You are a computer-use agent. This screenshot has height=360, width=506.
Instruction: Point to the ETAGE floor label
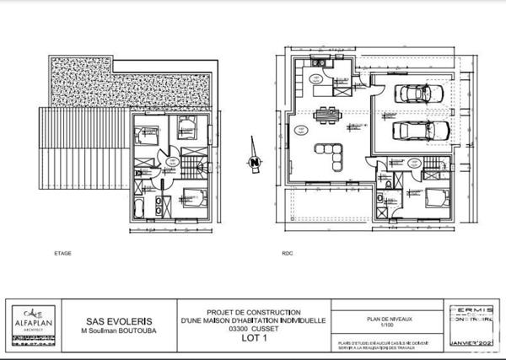pyautogui.click(x=62, y=252)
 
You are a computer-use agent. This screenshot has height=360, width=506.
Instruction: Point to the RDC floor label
pyautogui.click(x=287, y=252)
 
